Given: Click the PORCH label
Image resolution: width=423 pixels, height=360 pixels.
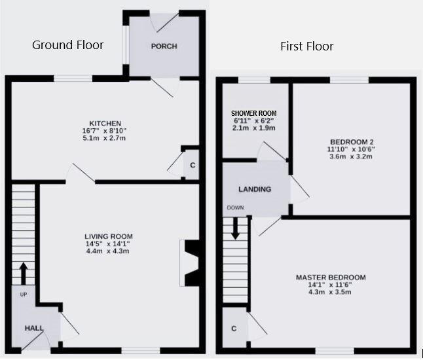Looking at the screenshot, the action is pos(164,46).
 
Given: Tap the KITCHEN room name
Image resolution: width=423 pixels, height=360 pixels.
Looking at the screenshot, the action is pos(105,124).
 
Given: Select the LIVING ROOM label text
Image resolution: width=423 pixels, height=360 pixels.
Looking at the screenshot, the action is pos(109,236).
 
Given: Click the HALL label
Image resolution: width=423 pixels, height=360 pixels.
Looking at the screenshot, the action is pos(34,328).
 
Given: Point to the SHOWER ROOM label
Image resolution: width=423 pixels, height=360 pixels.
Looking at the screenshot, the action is pos(253,113).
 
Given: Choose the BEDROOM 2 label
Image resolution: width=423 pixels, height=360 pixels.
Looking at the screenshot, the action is pos(352,142).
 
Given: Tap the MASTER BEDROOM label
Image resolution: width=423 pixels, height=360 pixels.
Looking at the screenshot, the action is pos(331,278).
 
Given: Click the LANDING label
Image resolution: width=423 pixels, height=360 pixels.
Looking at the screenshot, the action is pos(255,189).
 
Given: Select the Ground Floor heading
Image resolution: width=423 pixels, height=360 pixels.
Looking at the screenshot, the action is pos(67,45).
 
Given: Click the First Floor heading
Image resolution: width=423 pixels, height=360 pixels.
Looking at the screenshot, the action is pos(306,46).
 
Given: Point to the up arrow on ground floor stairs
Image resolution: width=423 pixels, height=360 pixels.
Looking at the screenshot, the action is pos(24,273).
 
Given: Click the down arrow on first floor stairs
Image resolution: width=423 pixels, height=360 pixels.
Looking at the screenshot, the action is pos(236,228).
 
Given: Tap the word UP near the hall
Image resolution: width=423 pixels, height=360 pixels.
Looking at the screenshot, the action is pos(24,295).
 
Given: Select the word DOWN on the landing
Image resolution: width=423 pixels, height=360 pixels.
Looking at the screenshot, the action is pos(235,207).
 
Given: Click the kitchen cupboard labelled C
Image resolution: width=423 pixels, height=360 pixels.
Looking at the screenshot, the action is pos(192,165).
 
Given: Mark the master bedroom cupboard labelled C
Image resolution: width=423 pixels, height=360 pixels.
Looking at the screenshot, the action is pos(234,328).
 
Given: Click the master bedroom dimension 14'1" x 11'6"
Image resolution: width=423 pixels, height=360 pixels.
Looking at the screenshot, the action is pos(329,285).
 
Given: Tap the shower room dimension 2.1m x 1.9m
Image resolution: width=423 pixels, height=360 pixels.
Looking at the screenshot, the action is pos(253,128).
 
